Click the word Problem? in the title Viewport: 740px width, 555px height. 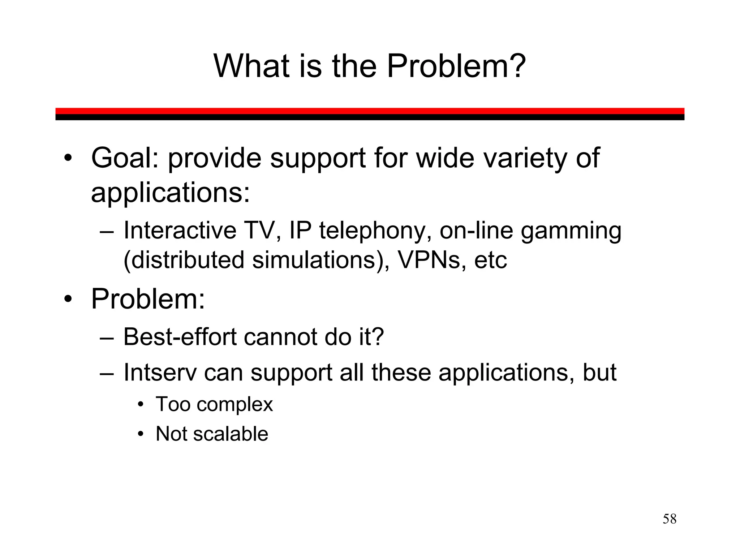coord(456,66)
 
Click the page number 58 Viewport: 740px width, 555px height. coord(669,519)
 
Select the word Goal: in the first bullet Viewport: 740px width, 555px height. coord(125,158)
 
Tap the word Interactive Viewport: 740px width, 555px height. coord(180,230)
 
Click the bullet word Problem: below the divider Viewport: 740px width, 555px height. coord(148,299)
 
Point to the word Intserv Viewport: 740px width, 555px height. coord(160,372)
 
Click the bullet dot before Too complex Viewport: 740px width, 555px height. coord(141,404)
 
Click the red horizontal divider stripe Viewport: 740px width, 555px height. coord(370,111)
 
